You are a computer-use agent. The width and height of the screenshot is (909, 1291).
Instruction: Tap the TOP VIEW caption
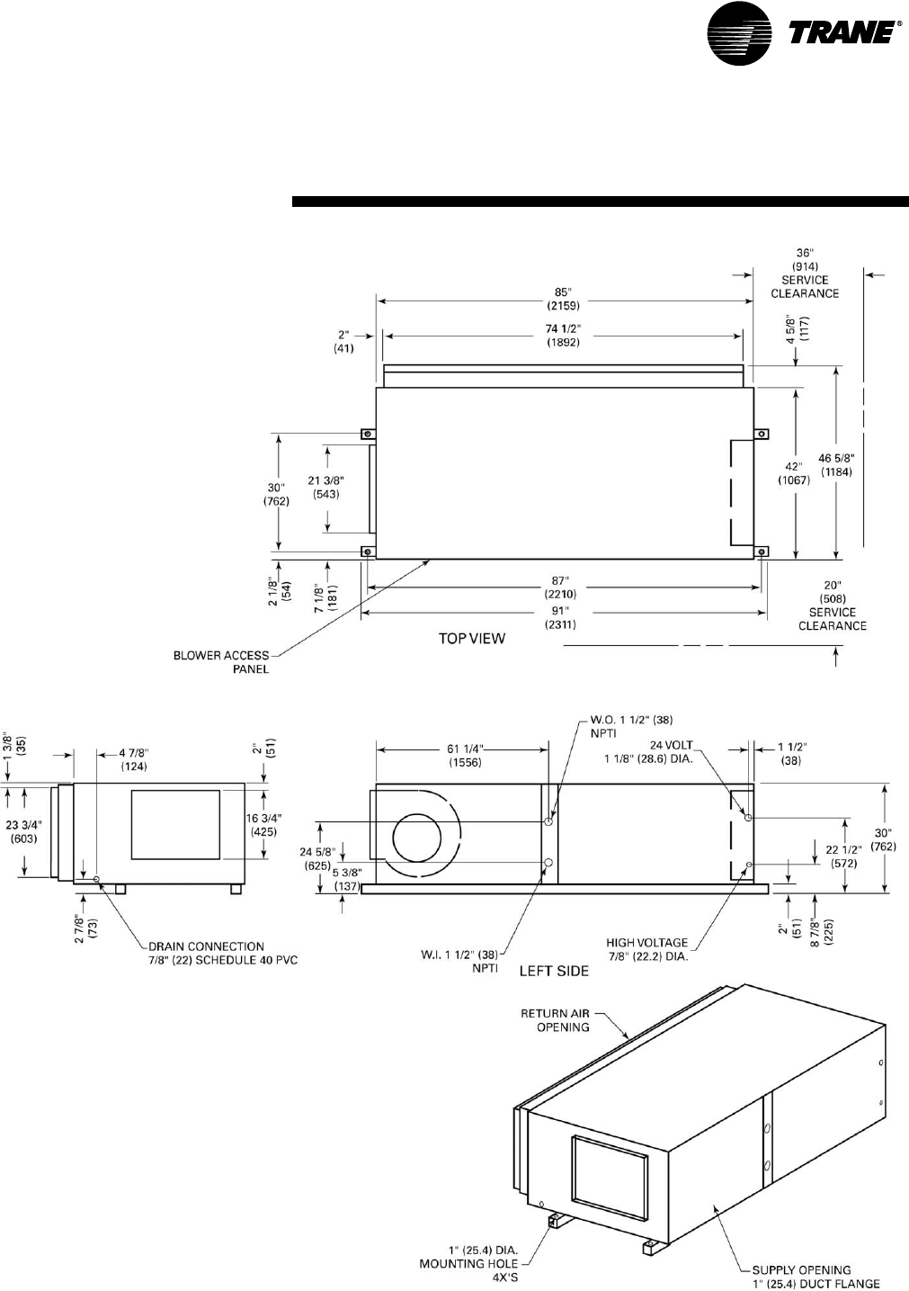(471, 639)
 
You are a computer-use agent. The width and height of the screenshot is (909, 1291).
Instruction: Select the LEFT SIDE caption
(554, 971)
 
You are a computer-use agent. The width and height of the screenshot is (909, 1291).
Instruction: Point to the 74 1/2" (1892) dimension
(563, 336)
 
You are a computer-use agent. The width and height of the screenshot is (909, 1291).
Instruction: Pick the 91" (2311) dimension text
(563, 617)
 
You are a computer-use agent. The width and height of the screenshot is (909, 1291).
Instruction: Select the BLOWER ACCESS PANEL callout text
(221, 662)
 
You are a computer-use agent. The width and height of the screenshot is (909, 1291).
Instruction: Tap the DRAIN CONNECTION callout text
(219, 953)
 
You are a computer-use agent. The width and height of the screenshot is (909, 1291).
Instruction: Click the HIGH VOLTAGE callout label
(647, 949)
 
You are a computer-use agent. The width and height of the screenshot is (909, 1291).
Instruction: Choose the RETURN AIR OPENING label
(556, 1019)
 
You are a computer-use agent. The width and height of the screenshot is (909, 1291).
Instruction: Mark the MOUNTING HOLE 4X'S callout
(468, 1264)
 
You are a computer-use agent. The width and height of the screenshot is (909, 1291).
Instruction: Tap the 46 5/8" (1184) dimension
(835, 464)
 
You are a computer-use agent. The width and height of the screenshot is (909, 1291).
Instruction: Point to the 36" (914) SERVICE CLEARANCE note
(805, 273)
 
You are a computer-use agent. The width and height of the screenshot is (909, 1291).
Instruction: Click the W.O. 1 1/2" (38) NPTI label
(631, 726)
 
